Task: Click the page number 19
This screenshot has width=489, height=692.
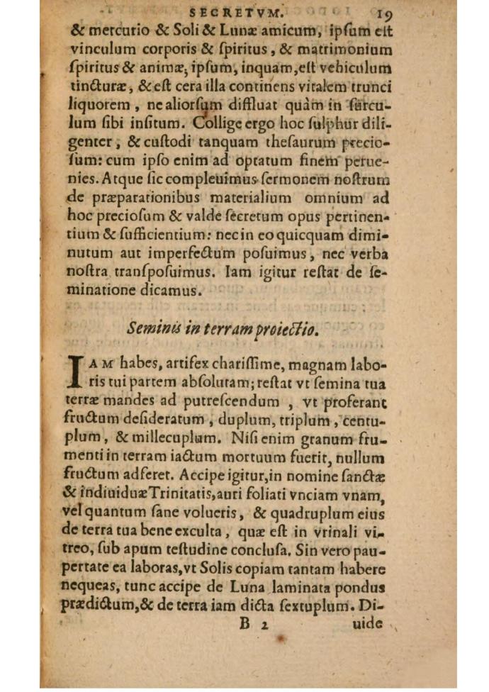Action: [x=386, y=14]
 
